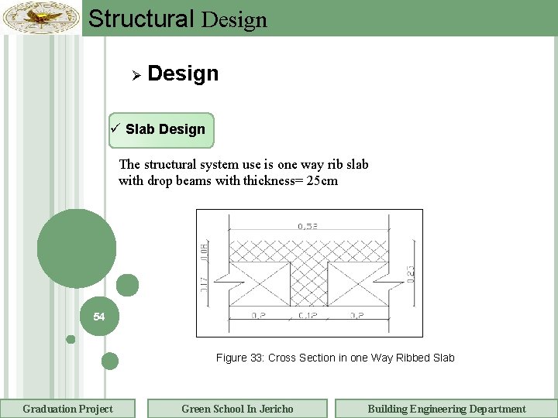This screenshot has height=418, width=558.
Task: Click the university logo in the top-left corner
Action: (41, 17)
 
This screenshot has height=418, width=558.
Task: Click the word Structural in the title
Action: (141, 19)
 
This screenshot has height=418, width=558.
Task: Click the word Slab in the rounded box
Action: (140, 129)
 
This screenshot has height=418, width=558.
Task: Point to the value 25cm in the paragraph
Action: (321, 181)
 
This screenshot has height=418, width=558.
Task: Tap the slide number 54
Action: (98, 317)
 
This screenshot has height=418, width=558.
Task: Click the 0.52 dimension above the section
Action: (308, 227)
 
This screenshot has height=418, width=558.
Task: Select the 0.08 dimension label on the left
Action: (205, 250)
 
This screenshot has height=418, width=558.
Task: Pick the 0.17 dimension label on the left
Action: (205, 283)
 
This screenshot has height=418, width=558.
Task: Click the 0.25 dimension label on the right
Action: (411, 273)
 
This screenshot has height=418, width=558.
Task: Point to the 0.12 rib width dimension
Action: (308, 316)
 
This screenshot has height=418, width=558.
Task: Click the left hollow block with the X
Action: (258, 279)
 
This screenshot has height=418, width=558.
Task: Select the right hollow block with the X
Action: (358, 279)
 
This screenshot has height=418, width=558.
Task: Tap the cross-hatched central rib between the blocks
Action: (308, 279)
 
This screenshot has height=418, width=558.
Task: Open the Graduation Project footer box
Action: (67, 409)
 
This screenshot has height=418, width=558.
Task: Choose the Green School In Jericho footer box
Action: (237, 409)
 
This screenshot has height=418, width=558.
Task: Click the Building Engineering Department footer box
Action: (446, 409)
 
